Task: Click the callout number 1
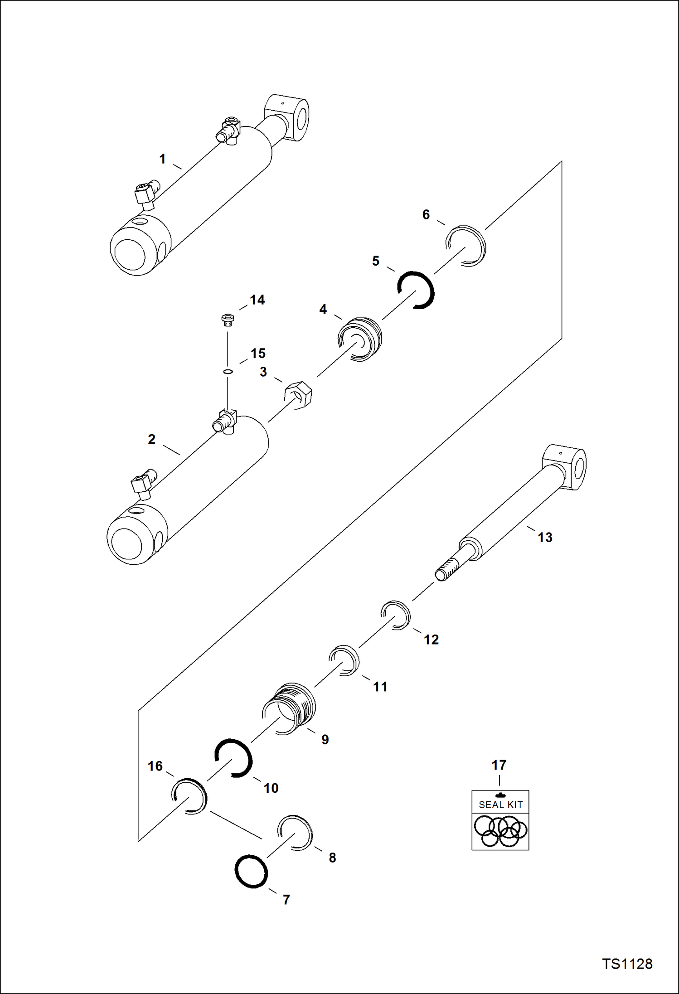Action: (162, 159)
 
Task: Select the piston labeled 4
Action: (360, 339)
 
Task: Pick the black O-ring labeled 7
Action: (251, 871)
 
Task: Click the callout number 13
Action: (545, 537)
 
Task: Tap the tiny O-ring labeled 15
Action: (228, 372)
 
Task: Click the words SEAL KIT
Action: (500, 805)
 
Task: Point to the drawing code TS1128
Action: (627, 964)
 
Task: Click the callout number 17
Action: (499, 765)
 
